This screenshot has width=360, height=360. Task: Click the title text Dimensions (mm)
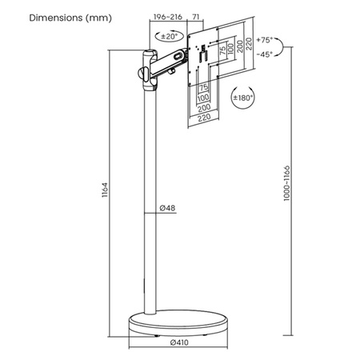pyautogui.click(x=70, y=18)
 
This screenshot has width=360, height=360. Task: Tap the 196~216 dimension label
pyautogui.click(x=168, y=17)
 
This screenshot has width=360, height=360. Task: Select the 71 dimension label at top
pyautogui.click(x=196, y=17)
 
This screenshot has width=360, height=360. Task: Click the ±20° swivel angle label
pyautogui.click(x=170, y=36)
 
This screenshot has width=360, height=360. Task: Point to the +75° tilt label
pyautogui.click(x=265, y=40)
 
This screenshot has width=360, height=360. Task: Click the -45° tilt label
pyautogui.click(x=265, y=54)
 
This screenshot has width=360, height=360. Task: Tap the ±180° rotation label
pyautogui.click(x=242, y=98)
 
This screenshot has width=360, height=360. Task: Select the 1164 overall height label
pyautogui.click(x=105, y=190)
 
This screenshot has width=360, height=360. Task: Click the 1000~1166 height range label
pyautogui.click(x=286, y=183)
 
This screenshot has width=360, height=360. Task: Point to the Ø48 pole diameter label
pyautogui.click(x=168, y=208)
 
